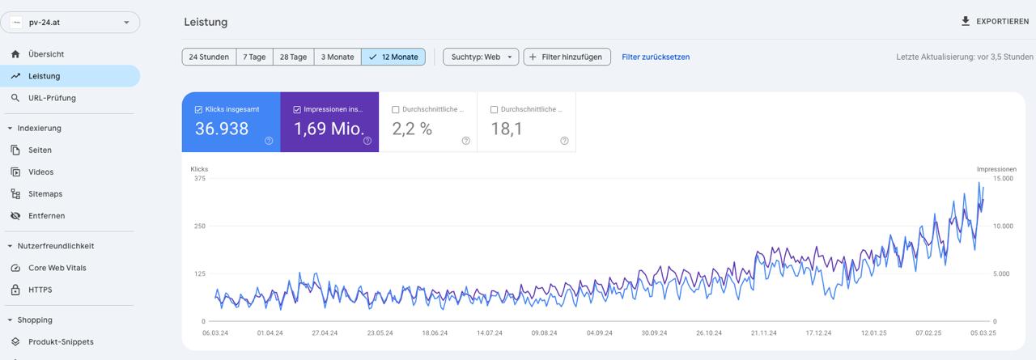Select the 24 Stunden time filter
pos(209,57)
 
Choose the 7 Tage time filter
pos(254,57)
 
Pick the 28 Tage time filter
pos(293,57)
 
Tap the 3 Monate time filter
pos(337,57)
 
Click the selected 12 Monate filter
pos(393,57)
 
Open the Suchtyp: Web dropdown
pos(481,57)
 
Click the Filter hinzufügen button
pos(567,57)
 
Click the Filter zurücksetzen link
pos(656,57)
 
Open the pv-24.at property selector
pos(71,23)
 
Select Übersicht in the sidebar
pos(46,54)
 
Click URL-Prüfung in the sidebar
pos(52,98)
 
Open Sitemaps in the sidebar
pos(45,194)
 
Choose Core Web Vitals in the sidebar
pos(57,268)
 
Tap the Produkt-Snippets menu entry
pos(61,341)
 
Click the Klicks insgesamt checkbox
pos(198,109)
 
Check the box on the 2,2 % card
pos(395,109)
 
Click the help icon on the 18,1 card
pos(564,141)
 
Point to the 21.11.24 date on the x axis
pos(763,332)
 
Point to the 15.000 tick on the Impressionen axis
pos(1002,179)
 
